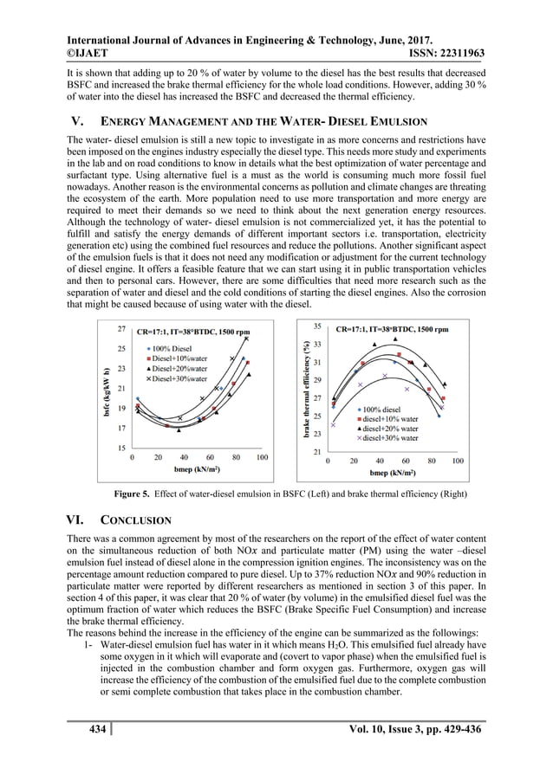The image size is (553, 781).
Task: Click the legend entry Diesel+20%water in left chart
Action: pos(177,368)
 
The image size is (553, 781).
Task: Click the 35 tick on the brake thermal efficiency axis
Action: pos(317,326)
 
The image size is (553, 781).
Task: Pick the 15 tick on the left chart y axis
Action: pos(122,448)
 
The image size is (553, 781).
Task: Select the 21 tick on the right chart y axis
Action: pos(317,452)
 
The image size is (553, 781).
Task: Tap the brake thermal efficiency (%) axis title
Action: pos(305,387)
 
